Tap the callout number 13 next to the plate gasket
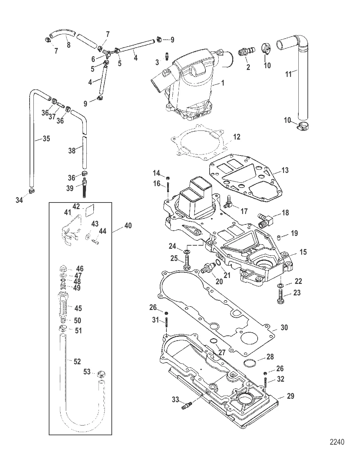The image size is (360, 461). pos(285,170)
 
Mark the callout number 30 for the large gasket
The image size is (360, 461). pos(284,327)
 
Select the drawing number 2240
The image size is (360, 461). pos(337,442)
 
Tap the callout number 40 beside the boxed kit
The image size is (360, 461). pos(128,225)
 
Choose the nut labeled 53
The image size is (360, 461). pos(102,374)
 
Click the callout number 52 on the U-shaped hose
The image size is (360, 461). pos(77,361)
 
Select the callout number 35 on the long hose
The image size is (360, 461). pos(46,138)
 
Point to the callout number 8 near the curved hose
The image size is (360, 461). pos(68,45)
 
